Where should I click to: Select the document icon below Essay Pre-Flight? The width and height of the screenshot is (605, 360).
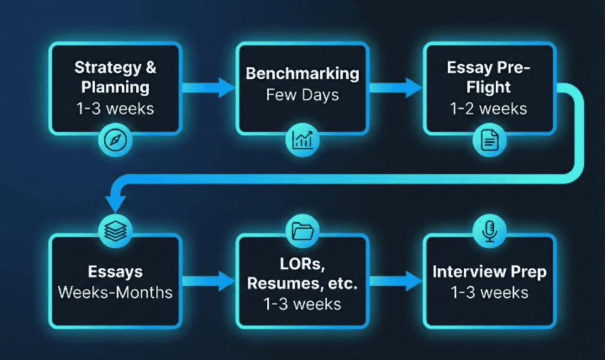(x=490, y=140)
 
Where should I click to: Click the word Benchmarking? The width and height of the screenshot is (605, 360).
(x=302, y=74)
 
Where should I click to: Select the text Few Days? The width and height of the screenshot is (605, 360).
(x=302, y=95)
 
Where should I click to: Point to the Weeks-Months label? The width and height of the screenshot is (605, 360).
(x=115, y=291)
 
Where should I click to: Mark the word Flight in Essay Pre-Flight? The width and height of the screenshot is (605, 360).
(x=489, y=88)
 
